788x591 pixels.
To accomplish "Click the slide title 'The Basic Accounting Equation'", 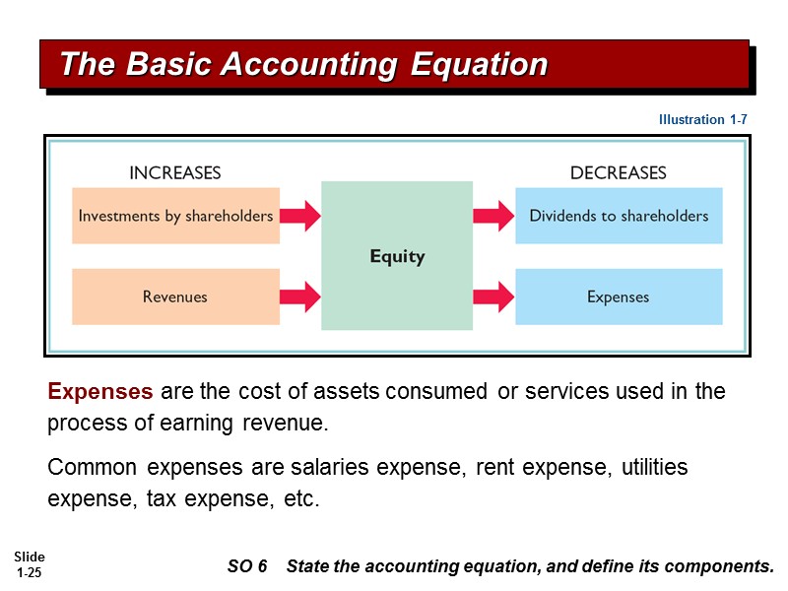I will (303, 65).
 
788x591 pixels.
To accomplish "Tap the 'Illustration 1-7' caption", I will (703, 119).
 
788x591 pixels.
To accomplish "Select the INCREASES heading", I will (175, 173).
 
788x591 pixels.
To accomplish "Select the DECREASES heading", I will (618, 173).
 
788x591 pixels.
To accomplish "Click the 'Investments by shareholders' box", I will (175, 216).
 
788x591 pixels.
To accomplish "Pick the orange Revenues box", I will (175, 296).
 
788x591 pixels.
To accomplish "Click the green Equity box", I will (397, 256).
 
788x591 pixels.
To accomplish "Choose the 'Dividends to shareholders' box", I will (619, 216).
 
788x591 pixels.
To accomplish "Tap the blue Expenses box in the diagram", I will (619, 296).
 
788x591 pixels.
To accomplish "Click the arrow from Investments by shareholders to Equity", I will (300, 216).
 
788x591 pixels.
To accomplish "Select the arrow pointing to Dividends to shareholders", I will (493, 216).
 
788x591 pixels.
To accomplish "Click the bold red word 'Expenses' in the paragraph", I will (100, 391).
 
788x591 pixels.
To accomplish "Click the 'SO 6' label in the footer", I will (247, 566).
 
